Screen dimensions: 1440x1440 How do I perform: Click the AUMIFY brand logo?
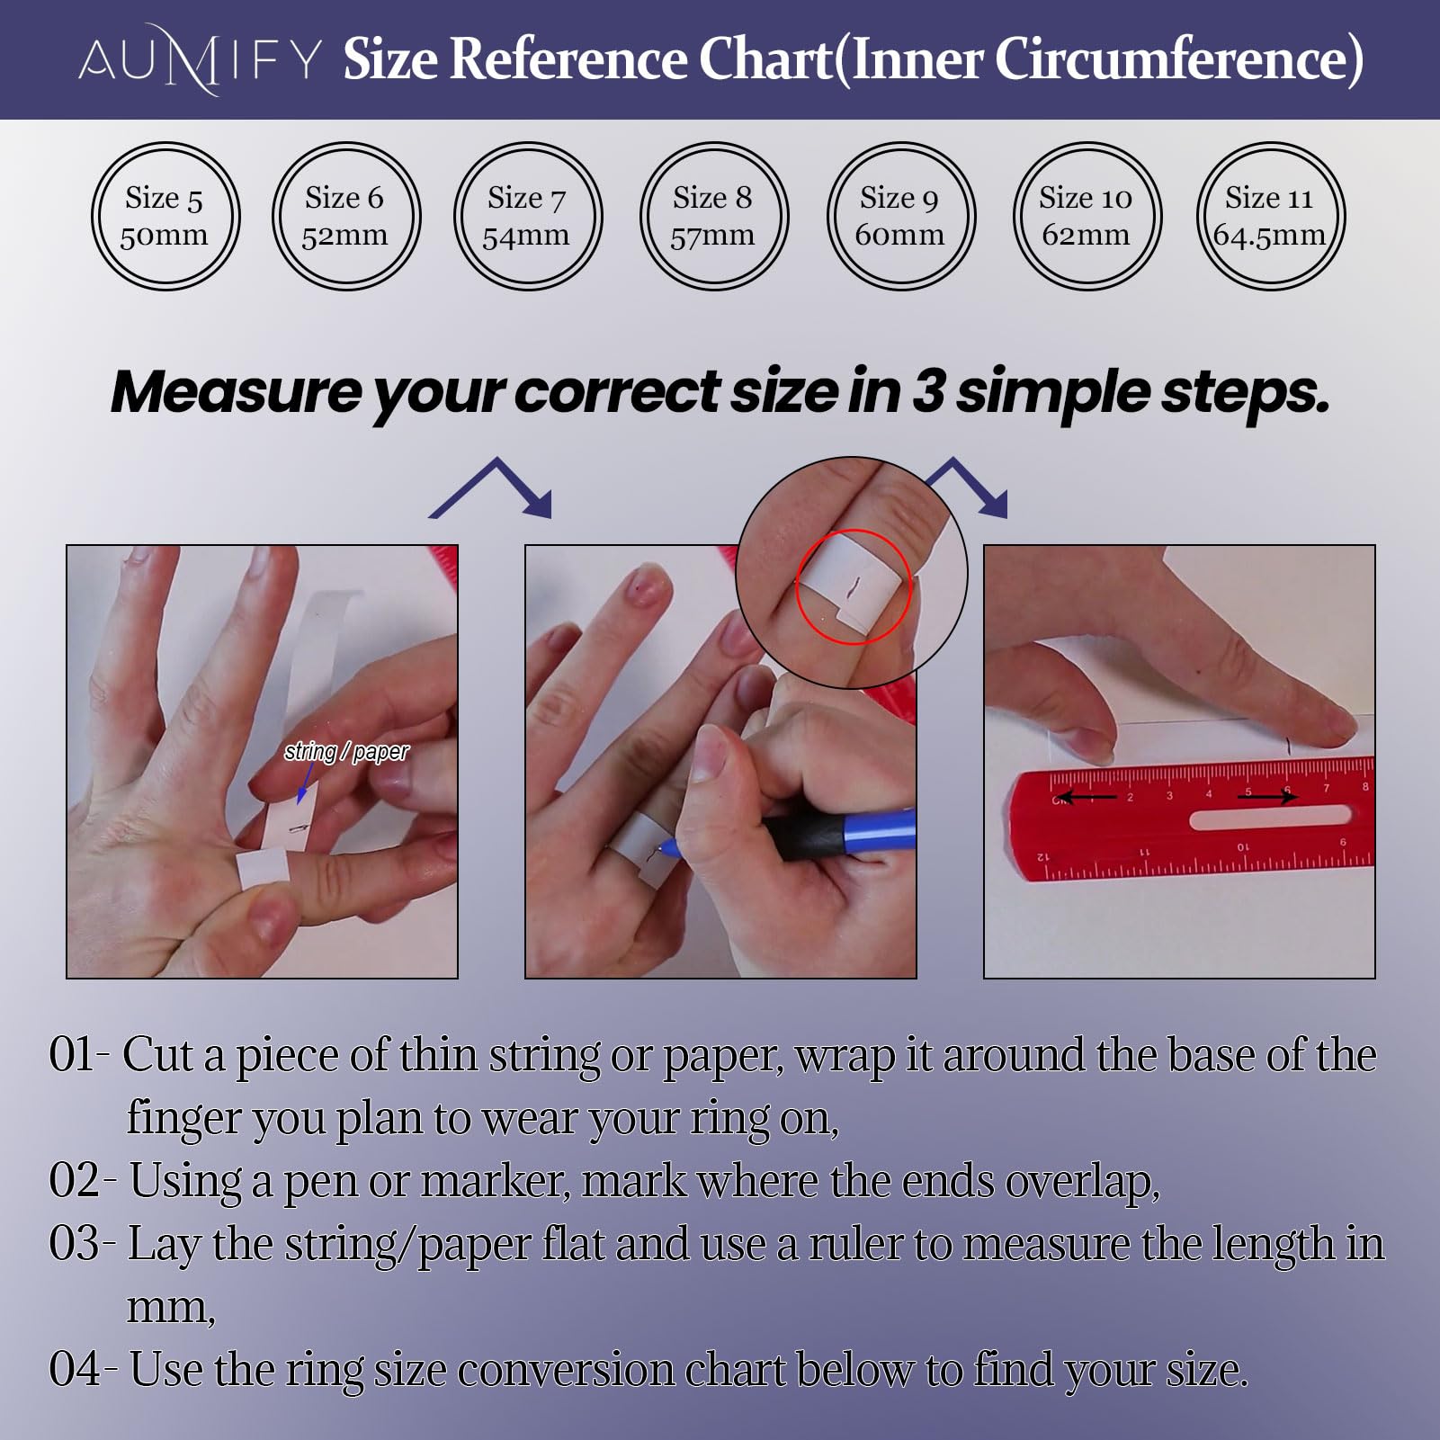(200, 60)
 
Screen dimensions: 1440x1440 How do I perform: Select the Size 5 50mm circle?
(165, 144)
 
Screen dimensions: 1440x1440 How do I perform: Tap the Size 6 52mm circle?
(346, 144)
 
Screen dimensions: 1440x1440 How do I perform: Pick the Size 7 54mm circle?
(529, 144)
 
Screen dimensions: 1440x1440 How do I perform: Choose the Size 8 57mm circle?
(714, 144)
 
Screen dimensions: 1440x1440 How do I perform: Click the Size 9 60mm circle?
(901, 144)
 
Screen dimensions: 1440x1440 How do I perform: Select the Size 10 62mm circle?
(1087, 144)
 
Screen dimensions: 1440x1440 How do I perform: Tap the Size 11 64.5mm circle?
(1270, 144)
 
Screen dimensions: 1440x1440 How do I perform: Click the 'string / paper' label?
(346, 751)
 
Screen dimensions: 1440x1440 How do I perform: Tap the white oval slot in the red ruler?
(1270, 818)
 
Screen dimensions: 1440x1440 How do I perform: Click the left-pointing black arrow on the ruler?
(1087, 797)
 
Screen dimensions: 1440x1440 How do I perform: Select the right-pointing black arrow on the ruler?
(1266, 796)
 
